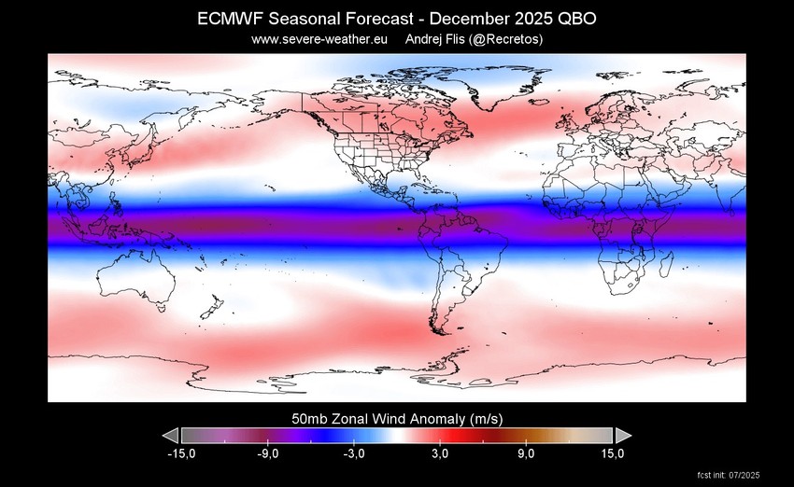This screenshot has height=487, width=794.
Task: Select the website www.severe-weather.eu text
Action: pyautogui.click(x=319, y=39)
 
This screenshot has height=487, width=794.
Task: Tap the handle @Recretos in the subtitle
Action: pyautogui.click(x=506, y=39)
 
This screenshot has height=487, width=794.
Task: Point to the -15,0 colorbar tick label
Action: pyautogui.click(x=180, y=454)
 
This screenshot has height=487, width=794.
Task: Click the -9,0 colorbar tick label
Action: pyautogui.click(x=267, y=454)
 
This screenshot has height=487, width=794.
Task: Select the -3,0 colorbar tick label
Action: pyautogui.click(x=353, y=454)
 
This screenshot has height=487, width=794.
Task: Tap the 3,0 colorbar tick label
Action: pyautogui.click(x=440, y=454)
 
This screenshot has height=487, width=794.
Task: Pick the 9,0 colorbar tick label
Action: pyautogui.click(x=526, y=454)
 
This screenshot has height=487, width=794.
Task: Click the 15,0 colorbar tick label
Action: pyautogui.click(x=612, y=454)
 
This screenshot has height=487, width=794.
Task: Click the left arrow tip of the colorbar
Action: pyautogui.click(x=165, y=436)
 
